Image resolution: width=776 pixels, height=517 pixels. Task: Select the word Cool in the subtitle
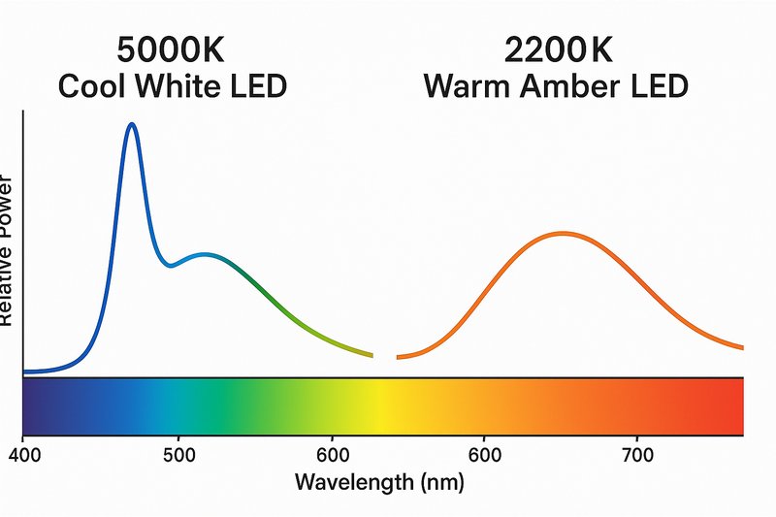[x=94, y=86]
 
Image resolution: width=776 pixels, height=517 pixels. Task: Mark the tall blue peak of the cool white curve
[x=131, y=125]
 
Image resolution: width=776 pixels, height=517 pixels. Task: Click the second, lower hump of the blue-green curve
[x=205, y=255]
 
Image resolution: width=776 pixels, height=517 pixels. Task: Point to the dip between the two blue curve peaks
[x=171, y=265]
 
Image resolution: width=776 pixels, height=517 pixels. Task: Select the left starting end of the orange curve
[x=400, y=358]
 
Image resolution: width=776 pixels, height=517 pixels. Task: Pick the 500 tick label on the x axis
[x=178, y=454]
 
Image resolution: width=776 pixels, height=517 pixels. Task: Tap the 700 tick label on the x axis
[x=636, y=454]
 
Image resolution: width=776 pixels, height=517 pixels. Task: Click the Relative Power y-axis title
[x=8, y=252]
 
